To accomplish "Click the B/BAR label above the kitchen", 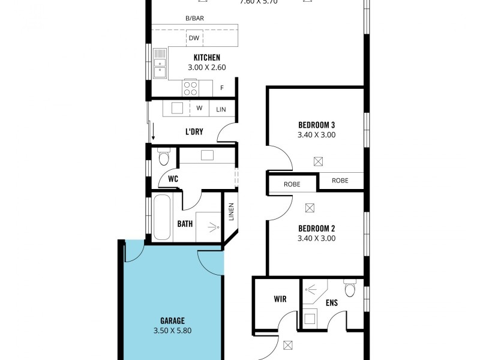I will pos(194,19).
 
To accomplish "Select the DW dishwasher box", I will pos(194,38).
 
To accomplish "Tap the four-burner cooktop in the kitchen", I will pos(191,88).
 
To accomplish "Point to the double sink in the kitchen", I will pos(160,67).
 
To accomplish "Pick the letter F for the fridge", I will pos(221,88).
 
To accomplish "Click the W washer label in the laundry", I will pos(199,109).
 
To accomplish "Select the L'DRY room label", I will pos(194,131).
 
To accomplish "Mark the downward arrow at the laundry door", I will pos(153,131).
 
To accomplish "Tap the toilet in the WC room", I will pos(163,158).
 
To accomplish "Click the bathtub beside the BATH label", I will pos(160,217).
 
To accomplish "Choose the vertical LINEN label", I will pos(231,214).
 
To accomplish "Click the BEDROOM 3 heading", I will pos(316,125).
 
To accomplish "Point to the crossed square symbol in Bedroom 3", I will pos(318,161).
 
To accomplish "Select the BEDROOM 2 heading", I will pos(316,228).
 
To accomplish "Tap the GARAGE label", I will pos(172,320).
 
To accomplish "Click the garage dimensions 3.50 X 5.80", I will pos(172,331).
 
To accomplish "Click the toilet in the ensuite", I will pos(350,289).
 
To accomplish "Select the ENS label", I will pos(331,303).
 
